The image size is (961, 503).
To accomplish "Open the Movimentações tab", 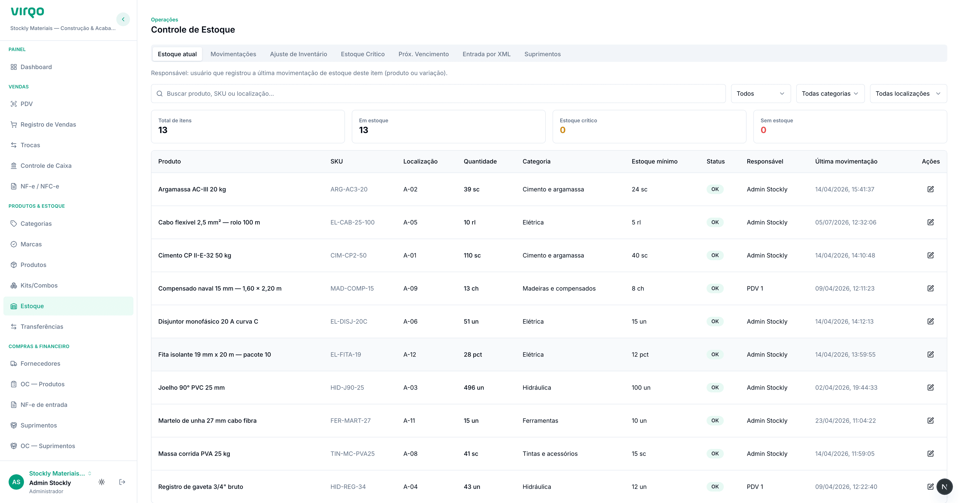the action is coord(233,54).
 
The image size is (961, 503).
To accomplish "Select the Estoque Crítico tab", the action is coord(363,54).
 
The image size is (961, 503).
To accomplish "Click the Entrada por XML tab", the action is coord(487,54).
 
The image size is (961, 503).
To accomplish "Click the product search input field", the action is coord(438,94).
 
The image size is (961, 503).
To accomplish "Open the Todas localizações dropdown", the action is coord(908,94).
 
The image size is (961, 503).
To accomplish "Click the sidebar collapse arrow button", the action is coord(123,19).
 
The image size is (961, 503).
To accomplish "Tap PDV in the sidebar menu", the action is coord(27,104).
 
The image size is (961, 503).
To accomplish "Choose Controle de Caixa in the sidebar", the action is coord(46,166).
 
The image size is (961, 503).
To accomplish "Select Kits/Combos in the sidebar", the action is coord(39,285).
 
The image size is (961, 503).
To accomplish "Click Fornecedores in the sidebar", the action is coord(40,364).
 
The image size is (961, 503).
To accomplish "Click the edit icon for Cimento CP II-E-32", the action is coord(930,255).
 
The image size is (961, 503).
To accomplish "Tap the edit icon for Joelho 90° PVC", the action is coord(930,387).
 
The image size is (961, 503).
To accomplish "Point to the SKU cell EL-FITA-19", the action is coord(345,355).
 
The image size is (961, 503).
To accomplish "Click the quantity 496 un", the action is coord(474,387).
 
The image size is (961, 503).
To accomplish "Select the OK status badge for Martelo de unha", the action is coord(715,421).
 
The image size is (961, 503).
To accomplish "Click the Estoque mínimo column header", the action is coord(654,161).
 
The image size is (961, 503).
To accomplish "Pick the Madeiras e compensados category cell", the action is coord(559,288).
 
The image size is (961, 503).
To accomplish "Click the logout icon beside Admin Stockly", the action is coord(122,482).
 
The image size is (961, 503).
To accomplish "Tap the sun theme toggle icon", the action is coord(101,482).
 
